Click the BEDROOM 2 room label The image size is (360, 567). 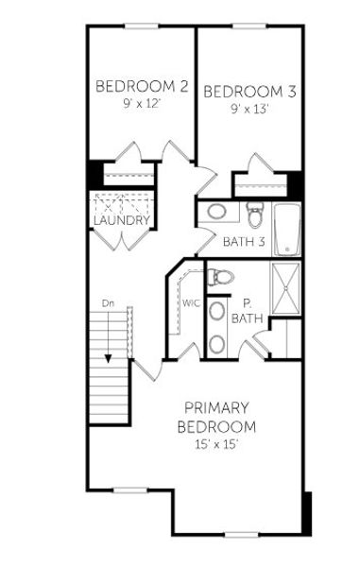click(141, 87)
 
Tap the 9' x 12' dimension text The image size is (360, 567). click(141, 104)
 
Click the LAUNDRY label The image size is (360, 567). click(121, 220)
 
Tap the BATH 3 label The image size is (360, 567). click(243, 242)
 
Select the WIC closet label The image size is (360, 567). click(191, 303)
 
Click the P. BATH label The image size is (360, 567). click(247, 311)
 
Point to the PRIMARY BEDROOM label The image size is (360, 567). click(216, 417)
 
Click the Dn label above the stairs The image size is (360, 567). click(109, 303)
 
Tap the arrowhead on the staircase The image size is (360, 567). click(109, 358)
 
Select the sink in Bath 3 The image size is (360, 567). click(216, 212)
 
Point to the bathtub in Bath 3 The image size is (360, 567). click(286, 228)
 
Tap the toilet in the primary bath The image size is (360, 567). click(219, 277)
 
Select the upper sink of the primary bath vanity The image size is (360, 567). click(217, 310)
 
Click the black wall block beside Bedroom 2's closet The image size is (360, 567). click(94, 175)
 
